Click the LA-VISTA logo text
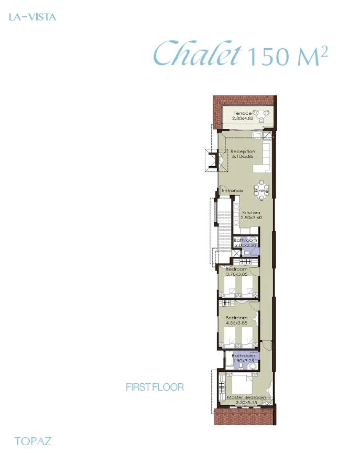32,17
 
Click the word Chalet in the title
198,55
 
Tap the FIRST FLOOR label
155,387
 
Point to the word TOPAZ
33,441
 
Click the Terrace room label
243,113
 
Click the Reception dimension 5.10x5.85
243,156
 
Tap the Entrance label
232,190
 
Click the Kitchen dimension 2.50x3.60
252,217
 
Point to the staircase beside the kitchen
223,225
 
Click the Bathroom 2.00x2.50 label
245,241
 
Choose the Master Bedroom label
246,398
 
